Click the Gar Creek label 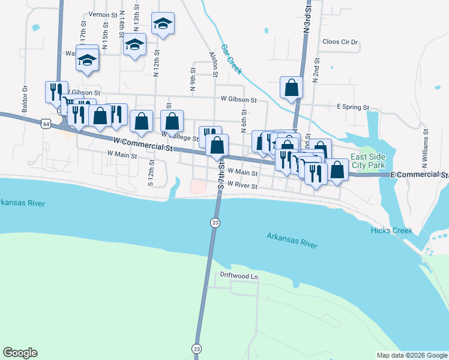pos(231,59)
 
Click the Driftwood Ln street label pos(238,276)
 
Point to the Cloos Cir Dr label pos(340,42)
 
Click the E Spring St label pos(352,107)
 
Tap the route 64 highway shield pos(46,124)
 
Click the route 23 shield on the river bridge pos(215,223)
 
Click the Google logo pos(20,353)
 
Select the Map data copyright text pos(412,355)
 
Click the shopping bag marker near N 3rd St pos(291,88)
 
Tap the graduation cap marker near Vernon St pos(163,24)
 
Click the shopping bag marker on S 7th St pos(217,144)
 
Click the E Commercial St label pos(419,175)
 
